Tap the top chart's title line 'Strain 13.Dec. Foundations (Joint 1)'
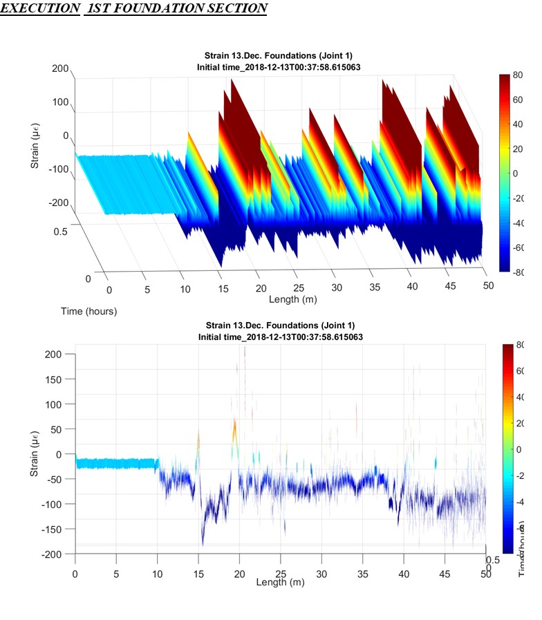point(279,55)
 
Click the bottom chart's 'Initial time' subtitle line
point(280,337)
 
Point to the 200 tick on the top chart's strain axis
point(60,69)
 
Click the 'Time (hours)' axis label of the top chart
point(88,311)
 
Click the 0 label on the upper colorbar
point(515,173)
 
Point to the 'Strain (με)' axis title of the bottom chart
point(35,453)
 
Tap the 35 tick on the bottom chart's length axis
point(363,574)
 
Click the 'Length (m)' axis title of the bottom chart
point(280,583)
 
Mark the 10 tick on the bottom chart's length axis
point(157,574)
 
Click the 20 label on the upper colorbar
point(517,149)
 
